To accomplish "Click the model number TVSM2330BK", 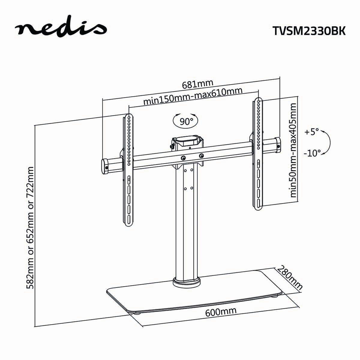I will [309, 31].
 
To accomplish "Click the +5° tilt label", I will [312, 132].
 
